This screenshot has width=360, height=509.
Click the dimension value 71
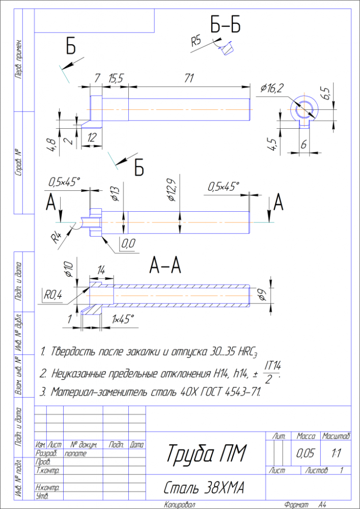189,78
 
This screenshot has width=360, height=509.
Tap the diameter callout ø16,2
272,88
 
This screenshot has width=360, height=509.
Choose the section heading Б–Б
225,25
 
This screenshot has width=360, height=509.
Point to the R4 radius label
57,238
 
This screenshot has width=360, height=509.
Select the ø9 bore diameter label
261,294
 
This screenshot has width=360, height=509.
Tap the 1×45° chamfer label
123,319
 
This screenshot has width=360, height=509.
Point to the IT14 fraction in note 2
273,365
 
